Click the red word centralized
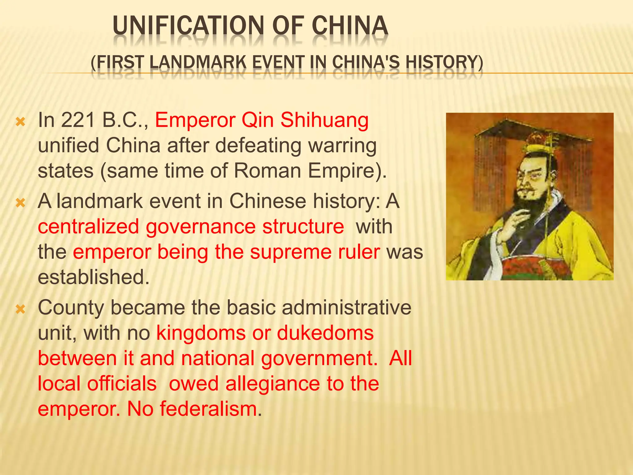tap(88, 226)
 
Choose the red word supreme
tap(291, 252)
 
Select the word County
tap(71, 308)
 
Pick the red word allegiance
tap(272, 384)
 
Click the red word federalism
tap(208, 409)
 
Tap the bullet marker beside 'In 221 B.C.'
tap(20, 122)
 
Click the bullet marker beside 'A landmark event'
tap(20, 203)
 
